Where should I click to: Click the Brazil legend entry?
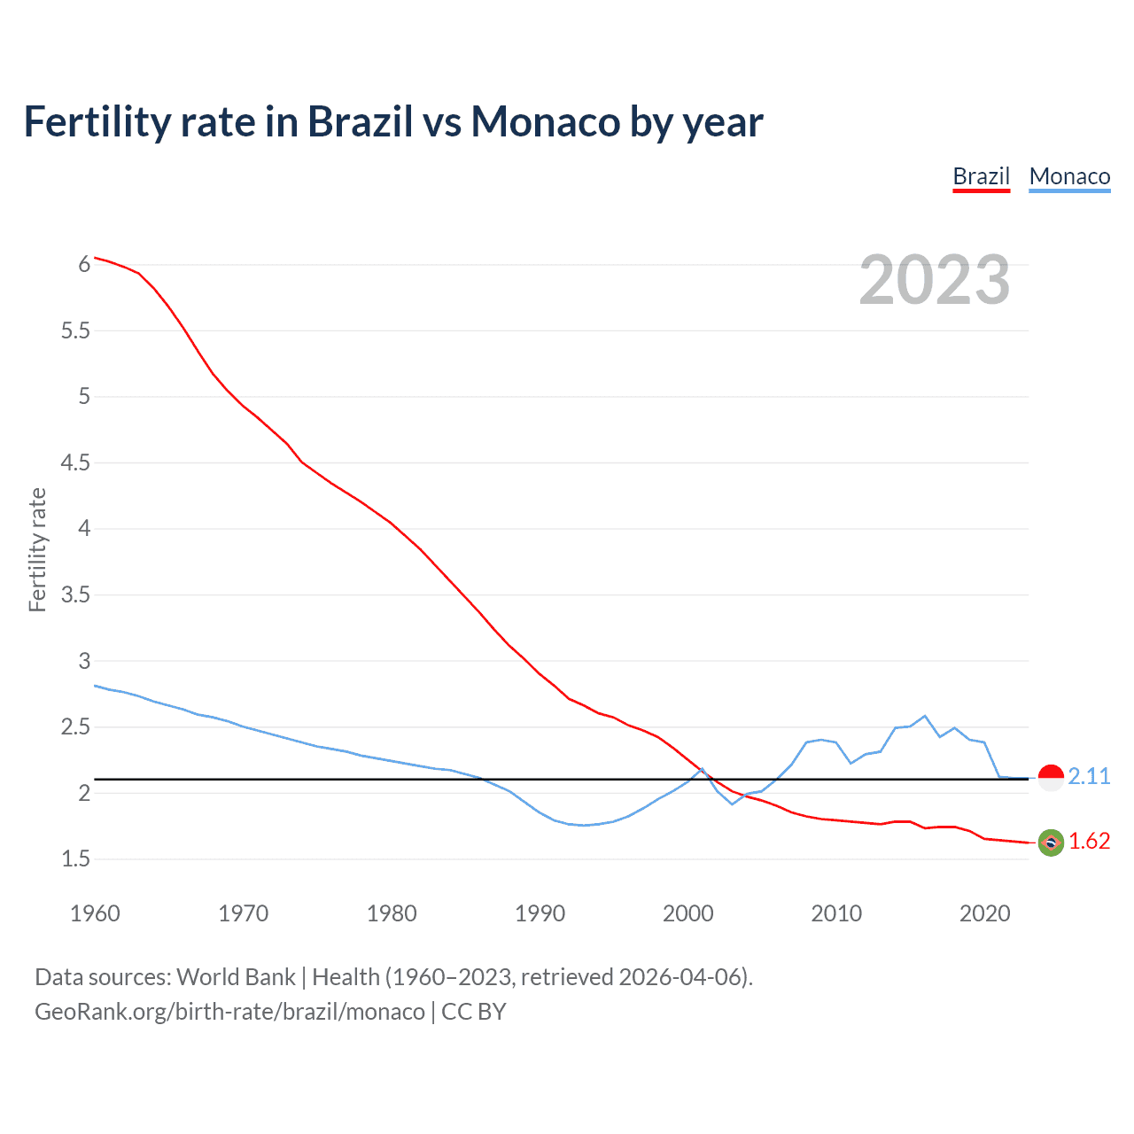(981, 176)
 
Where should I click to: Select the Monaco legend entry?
(1069, 176)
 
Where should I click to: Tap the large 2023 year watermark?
(934, 280)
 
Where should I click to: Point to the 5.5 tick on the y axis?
(76, 330)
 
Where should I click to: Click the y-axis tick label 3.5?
(76, 594)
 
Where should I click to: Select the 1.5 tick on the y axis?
(76, 858)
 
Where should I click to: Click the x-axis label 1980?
(392, 913)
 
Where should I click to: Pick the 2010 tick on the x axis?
(836, 913)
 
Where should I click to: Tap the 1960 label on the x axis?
(95, 913)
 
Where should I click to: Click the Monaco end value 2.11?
(1089, 776)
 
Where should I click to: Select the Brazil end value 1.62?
(1089, 841)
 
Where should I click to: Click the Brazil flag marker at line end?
(1051, 843)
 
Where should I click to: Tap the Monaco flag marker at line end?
(1051, 777)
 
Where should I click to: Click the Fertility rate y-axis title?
(37, 549)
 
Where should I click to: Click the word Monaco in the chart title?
(546, 121)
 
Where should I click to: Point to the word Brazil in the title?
(360, 121)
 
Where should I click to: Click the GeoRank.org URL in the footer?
(229, 1011)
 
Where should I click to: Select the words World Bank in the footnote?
(236, 976)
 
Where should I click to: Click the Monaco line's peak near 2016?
(925, 716)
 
